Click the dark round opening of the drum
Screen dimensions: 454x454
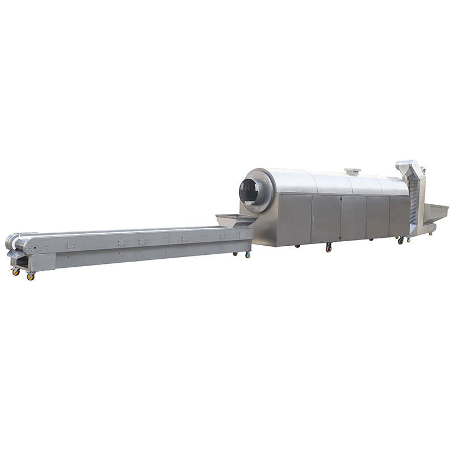tap(251, 192)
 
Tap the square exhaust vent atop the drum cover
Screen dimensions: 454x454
tap(352, 171)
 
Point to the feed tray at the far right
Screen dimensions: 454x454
tap(436, 212)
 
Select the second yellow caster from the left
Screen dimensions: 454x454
tap(31, 276)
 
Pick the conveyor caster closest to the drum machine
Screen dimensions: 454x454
tap(247, 255)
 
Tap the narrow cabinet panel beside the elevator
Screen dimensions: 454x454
tap(399, 216)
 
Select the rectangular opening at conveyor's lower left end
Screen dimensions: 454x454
tap(20, 264)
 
